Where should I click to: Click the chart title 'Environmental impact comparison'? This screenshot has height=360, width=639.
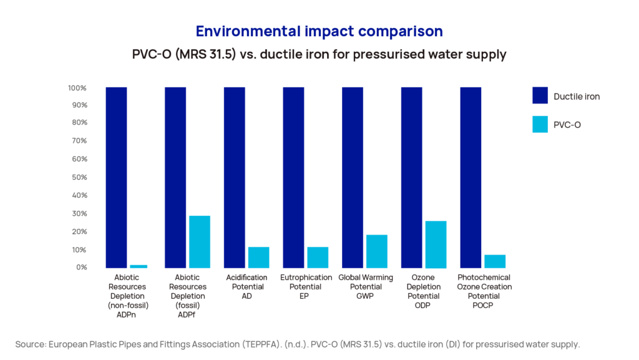[319, 31]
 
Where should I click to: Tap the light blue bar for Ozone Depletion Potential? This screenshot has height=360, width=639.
[436, 245]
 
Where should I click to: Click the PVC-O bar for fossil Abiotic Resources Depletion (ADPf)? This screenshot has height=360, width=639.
[200, 242]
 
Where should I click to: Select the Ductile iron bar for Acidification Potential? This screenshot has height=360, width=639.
[235, 178]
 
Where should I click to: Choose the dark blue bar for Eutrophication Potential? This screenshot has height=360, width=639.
[293, 178]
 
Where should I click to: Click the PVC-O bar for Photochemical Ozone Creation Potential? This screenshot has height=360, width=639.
[495, 261]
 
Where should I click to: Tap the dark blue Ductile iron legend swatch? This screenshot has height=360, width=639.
[540, 95]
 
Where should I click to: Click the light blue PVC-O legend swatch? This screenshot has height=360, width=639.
[540, 124]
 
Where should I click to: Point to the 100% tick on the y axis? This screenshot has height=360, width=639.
[78, 88]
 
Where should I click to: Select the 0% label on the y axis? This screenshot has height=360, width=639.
[81, 268]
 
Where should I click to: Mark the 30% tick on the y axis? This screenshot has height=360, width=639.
[79, 214]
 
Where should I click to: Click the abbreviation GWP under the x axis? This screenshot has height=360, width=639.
[364, 296]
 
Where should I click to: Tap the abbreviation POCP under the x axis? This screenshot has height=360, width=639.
[484, 306]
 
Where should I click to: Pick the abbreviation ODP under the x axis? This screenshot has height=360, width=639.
[424, 306]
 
